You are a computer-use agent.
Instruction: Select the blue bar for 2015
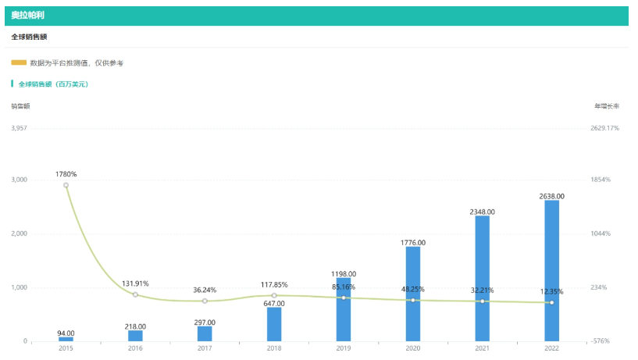[x=66, y=339]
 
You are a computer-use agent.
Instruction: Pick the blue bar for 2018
[x=274, y=324]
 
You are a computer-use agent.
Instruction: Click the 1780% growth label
[x=66, y=174]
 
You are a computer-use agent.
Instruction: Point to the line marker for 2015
[x=66, y=185]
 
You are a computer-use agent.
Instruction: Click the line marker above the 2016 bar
[x=135, y=294]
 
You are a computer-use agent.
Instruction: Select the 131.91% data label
[x=135, y=283]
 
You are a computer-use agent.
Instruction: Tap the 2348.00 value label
[x=482, y=212]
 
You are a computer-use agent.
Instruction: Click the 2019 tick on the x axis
[x=344, y=348]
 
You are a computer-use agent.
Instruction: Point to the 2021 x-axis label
[x=482, y=348]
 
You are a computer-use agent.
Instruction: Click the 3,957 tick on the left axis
[x=20, y=128]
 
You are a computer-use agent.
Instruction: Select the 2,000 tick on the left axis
[x=20, y=234]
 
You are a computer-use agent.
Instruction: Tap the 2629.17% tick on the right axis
[x=604, y=128]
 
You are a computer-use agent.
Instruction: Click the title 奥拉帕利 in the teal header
[x=27, y=15]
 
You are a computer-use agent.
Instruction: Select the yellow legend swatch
[x=19, y=62]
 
